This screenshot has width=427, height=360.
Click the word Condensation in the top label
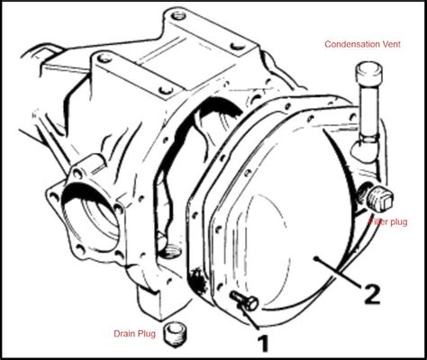click(354, 42)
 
